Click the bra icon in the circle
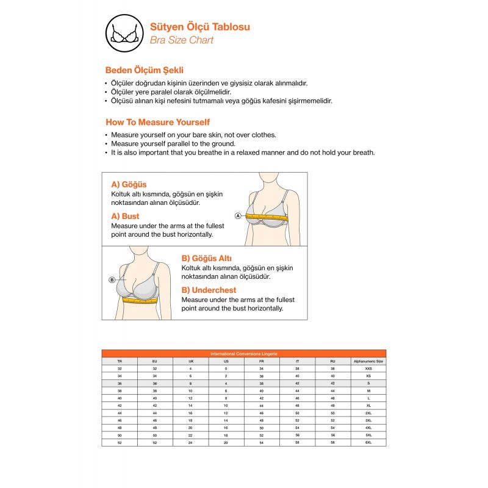[124, 32]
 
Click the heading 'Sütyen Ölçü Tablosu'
[199, 27]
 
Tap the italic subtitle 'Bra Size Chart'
[182, 40]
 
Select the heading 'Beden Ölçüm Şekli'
[145, 70]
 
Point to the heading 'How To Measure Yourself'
[157, 122]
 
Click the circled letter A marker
[238, 215]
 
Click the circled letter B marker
[112, 280]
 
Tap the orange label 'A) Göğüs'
[129, 184]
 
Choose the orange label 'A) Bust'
[125, 216]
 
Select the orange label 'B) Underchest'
[209, 290]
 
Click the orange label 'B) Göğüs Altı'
[207, 258]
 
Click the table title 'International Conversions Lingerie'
[243, 353]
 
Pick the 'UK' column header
[190, 361]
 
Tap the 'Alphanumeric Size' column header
[368, 361]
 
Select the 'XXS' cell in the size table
[368, 368]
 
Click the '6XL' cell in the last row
[368, 442]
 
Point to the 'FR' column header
[261, 361]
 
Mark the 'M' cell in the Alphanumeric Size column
[368, 390]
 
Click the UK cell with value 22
[190, 435]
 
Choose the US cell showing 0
[226, 368]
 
